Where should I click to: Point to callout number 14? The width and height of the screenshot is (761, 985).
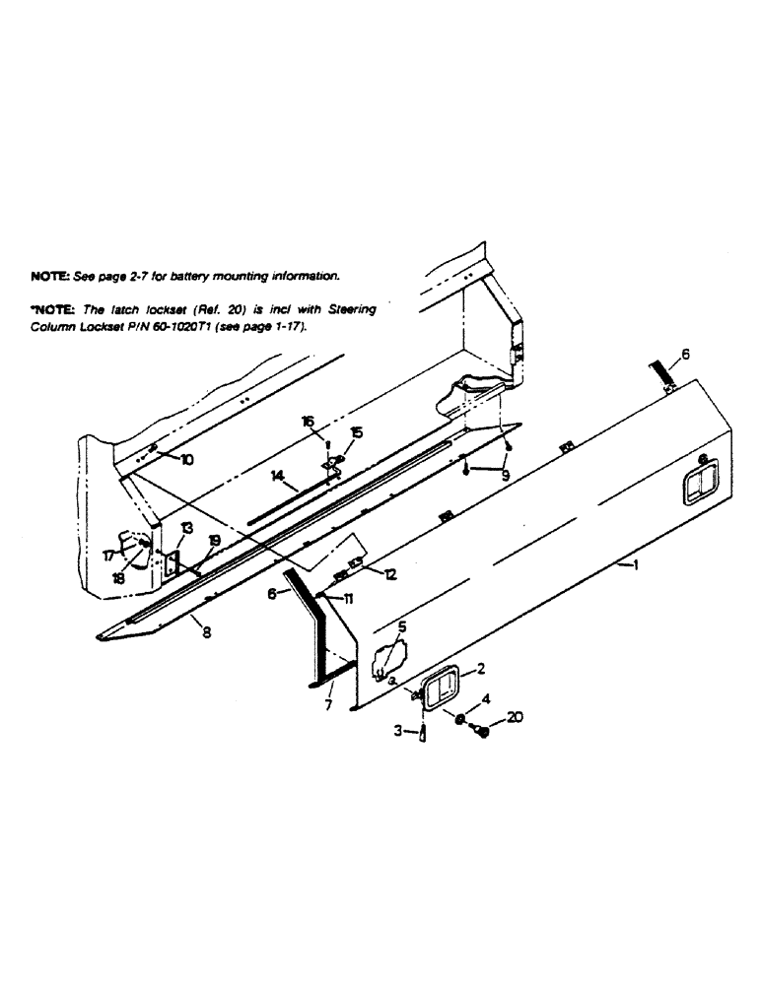tap(279, 476)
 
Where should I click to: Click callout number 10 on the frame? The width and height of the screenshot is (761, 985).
tap(187, 459)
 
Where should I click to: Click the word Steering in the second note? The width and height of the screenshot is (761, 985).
tap(353, 309)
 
